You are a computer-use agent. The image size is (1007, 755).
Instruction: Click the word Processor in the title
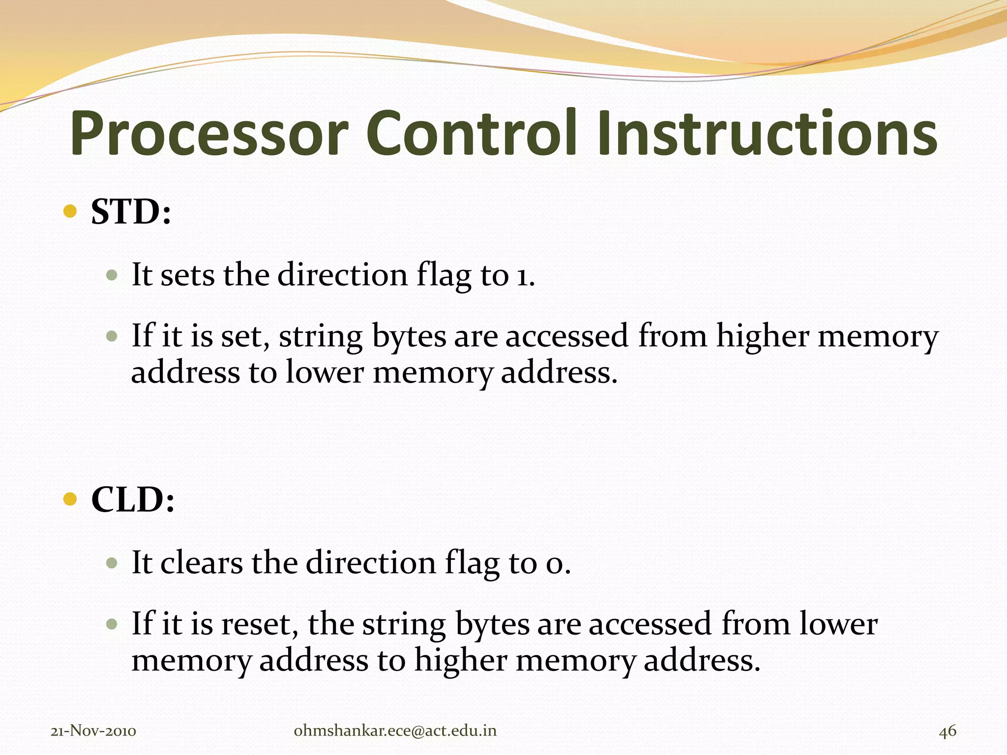[209, 134]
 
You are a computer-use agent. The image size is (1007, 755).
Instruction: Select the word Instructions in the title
[768, 134]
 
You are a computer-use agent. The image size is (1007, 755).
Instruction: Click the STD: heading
[131, 212]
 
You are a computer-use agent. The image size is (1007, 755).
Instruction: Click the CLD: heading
[133, 500]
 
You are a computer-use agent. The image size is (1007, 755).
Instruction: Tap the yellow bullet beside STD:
[71, 211]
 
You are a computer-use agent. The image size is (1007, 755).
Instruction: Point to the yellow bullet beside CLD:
[71, 499]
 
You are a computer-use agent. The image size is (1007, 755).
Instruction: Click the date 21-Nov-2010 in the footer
[93, 731]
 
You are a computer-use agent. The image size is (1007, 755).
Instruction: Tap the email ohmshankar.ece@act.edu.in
[395, 731]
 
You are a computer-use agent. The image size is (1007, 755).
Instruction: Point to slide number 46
[948, 731]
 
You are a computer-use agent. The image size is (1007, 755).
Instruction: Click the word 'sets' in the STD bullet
[187, 275]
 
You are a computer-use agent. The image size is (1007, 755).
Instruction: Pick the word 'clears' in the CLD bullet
[202, 563]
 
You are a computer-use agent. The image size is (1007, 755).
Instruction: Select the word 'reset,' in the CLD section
[260, 625]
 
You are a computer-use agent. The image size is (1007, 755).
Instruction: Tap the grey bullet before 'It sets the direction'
[112, 274]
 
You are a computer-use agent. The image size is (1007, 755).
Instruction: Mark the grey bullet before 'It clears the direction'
[112, 562]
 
